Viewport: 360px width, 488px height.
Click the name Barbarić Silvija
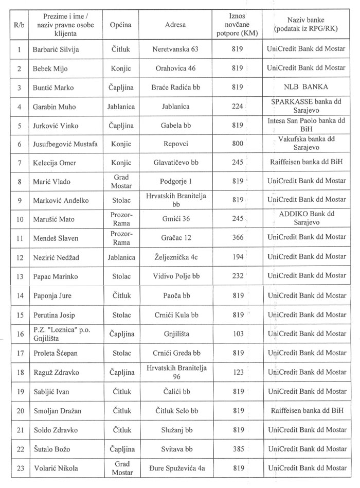click(56, 49)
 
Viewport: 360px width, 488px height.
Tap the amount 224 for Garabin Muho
click(237, 107)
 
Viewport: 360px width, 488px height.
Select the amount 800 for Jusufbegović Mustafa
click(237, 144)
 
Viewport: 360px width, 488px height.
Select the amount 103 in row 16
click(237, 333)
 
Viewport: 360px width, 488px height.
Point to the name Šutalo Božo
click(53, 449)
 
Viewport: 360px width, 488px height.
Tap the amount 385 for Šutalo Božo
click(237, 449)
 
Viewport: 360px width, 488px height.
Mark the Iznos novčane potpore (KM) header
click(237, 24)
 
